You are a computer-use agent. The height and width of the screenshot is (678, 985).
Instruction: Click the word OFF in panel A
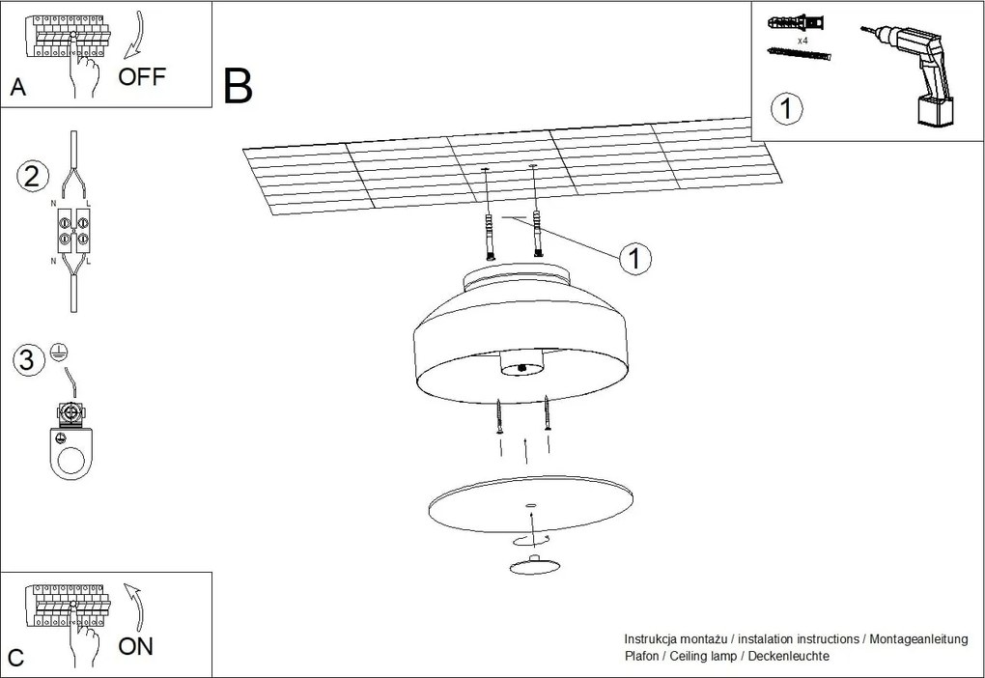click(142, 77)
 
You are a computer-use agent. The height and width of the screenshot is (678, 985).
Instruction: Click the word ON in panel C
click(136, 646)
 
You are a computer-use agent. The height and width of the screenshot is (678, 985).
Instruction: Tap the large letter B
click(238, 86)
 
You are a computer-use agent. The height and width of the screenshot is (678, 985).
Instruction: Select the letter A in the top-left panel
click(17, 88)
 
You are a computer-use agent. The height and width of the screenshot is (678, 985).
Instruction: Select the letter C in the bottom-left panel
click(15, 658)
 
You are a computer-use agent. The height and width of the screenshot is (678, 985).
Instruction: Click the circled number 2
click(32, 177)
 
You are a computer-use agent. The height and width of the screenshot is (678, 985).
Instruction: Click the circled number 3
click(29, 360)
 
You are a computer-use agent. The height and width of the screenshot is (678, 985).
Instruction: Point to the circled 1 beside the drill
click(786, 109)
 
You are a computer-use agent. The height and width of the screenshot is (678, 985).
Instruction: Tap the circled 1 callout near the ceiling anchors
click(634, 258)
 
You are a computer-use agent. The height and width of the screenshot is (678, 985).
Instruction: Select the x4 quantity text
click(802, 42)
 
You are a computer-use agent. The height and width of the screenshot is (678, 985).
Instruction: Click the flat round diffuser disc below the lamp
click(529, 505)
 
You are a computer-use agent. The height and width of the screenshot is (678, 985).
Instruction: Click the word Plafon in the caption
click(643, 656)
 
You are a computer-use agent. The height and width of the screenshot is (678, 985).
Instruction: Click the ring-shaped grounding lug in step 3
click(72, 453)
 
